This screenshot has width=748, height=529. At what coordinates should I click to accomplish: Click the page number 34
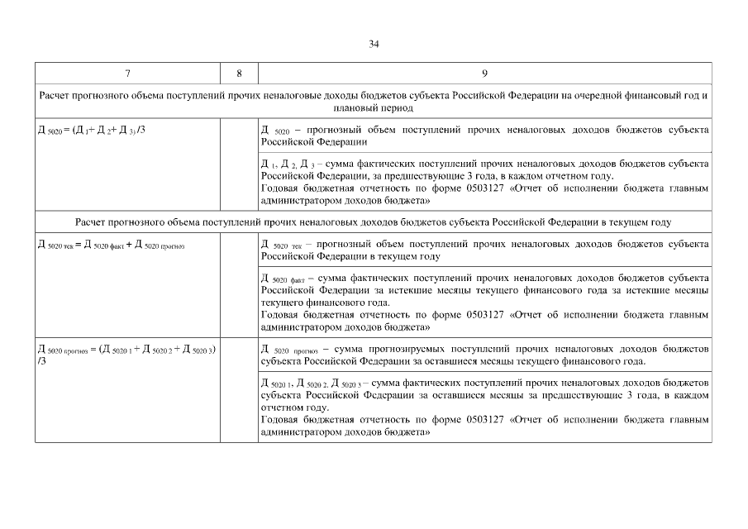[374, 44]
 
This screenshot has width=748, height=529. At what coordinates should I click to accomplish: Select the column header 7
[128, 74]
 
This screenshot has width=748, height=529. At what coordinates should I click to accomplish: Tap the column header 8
[239, 74]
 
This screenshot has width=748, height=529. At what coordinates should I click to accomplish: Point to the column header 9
[484, 74]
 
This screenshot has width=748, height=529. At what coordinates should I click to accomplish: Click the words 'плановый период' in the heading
[374, 108]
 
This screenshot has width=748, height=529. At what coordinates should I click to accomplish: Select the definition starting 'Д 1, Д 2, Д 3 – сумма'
[484, 182]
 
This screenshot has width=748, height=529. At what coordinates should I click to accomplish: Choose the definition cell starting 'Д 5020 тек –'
[484, 250]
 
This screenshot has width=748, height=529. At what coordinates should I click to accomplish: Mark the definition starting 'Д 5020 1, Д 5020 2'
[484, 407]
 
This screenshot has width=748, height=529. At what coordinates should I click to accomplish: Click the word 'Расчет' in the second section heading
[92, 222]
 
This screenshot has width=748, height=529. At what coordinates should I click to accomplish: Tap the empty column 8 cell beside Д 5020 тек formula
[239, 285]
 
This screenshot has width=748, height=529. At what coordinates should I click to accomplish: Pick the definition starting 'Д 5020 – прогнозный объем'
[484, 136]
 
